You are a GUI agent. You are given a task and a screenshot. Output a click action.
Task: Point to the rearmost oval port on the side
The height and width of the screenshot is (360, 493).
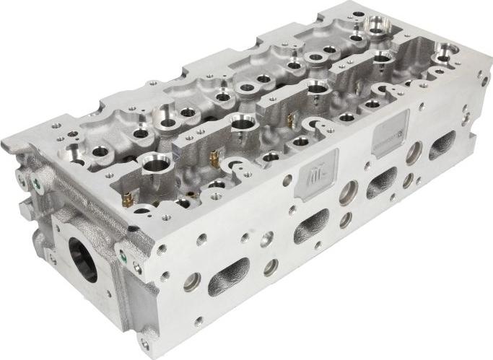[x=441, y=147]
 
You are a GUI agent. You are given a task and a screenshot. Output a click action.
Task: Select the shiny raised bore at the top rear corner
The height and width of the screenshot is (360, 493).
[x=378, y=28]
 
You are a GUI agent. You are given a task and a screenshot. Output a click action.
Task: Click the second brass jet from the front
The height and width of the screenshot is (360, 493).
[x=212, y=157]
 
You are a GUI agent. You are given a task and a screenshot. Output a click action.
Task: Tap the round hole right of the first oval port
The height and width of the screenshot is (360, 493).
[x=271, y=267]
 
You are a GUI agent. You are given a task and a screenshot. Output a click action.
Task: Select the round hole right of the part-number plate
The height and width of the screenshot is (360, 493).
[x=414, y=153]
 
